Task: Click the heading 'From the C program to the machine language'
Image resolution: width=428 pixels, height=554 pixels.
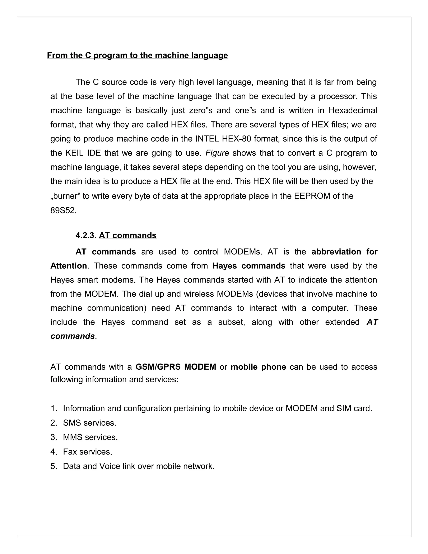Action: [x=138, y=55]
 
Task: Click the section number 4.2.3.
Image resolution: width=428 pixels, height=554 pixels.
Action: [x=86, y=235]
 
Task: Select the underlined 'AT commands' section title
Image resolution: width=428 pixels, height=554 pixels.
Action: [x=127, y=235]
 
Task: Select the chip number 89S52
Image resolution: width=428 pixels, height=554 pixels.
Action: [x=63, y=211]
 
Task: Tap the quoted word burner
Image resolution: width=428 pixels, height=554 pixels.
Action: [x=65, y=196]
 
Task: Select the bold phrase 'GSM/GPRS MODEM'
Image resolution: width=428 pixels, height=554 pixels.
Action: [x=176, y=367]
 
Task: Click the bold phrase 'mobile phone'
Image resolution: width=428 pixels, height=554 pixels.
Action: [x=258, y=367]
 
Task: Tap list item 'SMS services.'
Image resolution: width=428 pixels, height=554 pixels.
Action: [x=89, y=423]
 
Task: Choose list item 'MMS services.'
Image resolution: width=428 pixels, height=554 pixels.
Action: [x=90, y=437]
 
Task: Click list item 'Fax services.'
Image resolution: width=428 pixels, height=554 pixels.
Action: [x=88, y=452]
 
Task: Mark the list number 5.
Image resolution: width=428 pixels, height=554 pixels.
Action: [x=53, y=466]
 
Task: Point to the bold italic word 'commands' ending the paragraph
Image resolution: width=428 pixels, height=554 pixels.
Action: [x=73, y=336]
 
